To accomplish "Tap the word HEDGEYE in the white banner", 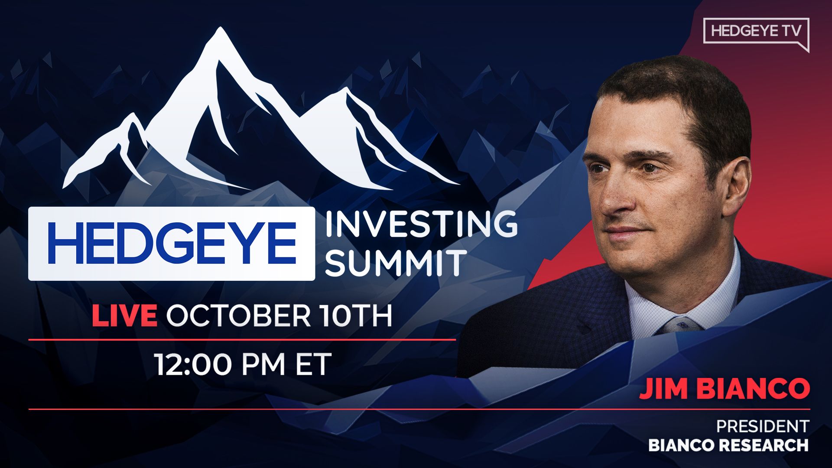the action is point(172,243).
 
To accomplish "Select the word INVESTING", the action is point(421,224).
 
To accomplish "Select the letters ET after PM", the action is point(313,364).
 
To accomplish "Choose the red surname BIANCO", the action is point(755,389).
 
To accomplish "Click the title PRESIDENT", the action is point(763,426).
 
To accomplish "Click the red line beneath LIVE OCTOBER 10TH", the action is point(242,340).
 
